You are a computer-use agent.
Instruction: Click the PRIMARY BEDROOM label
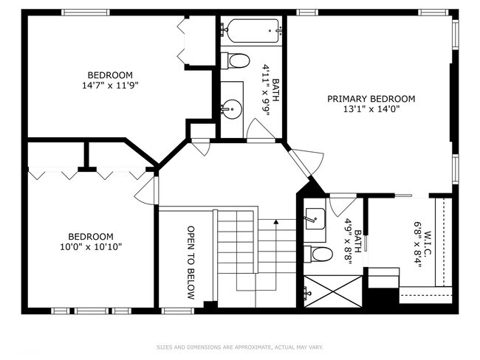click(371, 99)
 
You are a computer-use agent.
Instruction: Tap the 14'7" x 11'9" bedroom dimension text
click(110, 86)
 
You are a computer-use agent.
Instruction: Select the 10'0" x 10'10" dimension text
click(91, 246)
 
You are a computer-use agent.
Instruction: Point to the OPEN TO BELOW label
click(191, 263)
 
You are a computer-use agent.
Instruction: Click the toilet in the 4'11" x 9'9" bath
click(235, 61)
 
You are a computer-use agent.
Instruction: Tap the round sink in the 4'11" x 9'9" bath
click(232, 109)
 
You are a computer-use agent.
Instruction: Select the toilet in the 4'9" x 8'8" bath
click(318, 254)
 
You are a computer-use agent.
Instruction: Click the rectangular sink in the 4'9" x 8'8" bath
click(315, 218)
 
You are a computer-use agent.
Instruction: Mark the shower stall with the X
click(333, 291)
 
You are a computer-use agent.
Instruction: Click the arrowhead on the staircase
click(276, 222)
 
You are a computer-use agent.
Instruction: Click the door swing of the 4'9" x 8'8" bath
click(343, 204)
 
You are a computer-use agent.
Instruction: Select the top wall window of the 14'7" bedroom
click(86, 13)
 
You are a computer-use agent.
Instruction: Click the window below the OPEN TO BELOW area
click(178, 311)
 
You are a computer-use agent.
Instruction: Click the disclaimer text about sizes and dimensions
click(240, 347)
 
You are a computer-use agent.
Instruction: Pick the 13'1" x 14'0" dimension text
click(371, 109)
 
